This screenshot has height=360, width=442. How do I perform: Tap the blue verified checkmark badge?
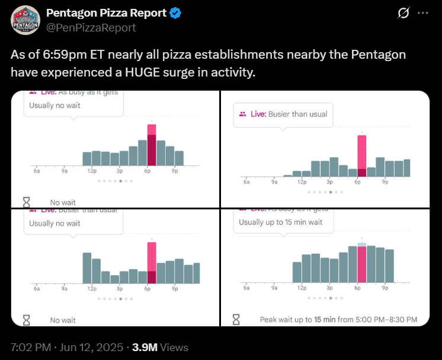click(176, 12)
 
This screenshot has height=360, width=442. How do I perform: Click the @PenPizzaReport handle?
click(91, 28)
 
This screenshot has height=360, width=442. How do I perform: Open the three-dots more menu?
click(422, 13)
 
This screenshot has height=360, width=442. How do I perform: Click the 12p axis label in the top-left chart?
click(92, 171)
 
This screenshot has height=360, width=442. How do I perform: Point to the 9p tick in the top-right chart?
click(385, 182)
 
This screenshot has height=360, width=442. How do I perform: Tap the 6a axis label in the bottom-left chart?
click(37, 288)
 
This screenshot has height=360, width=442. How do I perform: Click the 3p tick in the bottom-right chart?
click(329, 288)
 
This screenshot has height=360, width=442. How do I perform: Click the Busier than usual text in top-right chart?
click(297, 114)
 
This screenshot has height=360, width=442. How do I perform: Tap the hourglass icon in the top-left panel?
click(26, 202)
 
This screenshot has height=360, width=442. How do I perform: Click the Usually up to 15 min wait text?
click(280, 222)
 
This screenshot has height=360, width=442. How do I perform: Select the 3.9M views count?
click(145, 348)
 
